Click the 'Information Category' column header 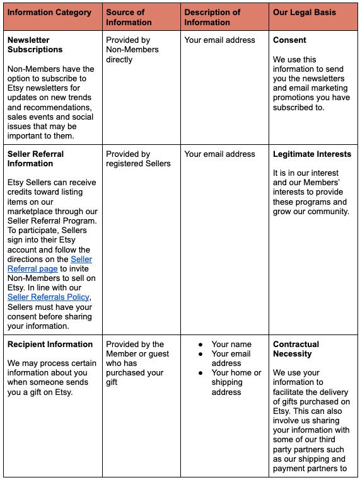[x=49, y=13]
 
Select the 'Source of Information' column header [x=129, y=17]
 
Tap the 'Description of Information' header [x=212, y=17]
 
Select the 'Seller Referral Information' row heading [x=35, y=159]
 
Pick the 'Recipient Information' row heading [x=50, y=345]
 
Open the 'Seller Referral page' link [x=50, y=264]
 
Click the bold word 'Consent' [x=289, y=40]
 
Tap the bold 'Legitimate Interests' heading [x=312, y=154]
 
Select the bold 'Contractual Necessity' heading [x=296, y=349]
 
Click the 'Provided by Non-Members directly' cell [x=132, y=50]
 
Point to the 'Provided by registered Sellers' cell [x=138, y=159]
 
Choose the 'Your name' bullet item [x=231, y=345]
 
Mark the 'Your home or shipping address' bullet [x=236, y=382]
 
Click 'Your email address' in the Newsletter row [x=220, y=40]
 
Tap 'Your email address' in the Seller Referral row [x=220, y=154]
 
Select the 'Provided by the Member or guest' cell [x=135, y=358]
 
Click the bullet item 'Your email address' [x=231, y=358]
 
